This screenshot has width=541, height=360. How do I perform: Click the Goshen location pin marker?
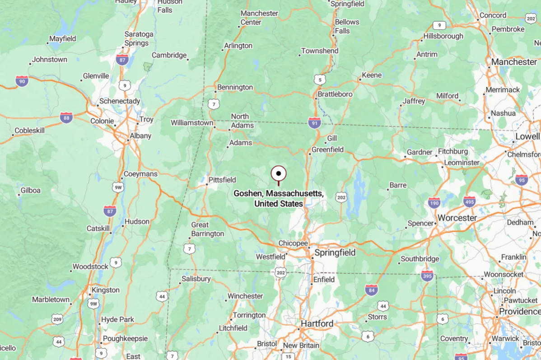tap(279, 174)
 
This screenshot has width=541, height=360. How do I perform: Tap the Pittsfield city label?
tap(221, 180)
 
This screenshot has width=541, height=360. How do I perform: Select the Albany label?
tap(140, 136)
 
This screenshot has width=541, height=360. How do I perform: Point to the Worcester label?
tap(457, 218)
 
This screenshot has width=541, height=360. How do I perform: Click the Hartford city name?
tap(317, 323)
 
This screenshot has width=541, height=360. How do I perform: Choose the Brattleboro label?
tap(335, 94)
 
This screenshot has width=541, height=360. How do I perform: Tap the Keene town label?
tap(372, 75)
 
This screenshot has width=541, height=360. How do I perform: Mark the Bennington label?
tap(235, 87)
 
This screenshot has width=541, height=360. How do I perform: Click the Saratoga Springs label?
tap(139, 38)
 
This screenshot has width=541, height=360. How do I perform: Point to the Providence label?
tap(519, 312)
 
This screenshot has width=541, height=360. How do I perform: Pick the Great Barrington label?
tap(207, 229)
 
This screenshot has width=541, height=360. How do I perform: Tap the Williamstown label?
tap(192, 123)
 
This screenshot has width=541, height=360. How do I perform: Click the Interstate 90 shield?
tap(22, 81)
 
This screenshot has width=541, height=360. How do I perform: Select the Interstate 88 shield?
tap(66, 118)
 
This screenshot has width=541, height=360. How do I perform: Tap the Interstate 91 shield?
tap(315, 122)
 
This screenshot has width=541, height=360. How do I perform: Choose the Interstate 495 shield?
tap(469, 201)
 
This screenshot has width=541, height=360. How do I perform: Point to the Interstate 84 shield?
tap(372, 290)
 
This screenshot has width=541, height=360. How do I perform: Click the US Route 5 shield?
tap(320, 80)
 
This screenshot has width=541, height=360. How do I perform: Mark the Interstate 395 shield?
tap(427, 276)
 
